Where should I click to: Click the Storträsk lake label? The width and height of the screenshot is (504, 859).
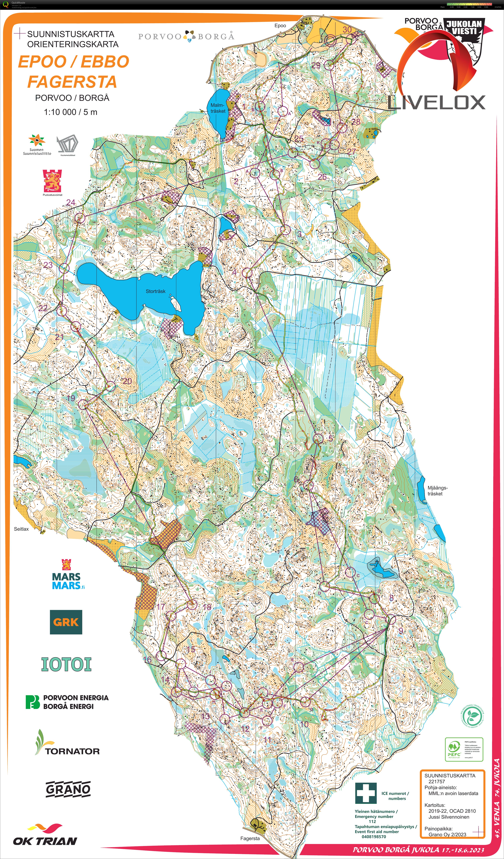(x=155, y=291)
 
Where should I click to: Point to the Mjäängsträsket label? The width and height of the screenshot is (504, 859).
(x=437, y=490)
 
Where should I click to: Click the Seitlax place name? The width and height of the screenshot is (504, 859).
(x=21, y=529)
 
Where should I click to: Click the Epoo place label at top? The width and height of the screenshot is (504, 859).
(x=280, y=25)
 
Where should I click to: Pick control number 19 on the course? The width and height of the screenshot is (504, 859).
(x=71, y=398)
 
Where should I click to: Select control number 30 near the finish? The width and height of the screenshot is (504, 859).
(x=347, y=30)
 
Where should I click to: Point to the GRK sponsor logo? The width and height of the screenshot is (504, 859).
(x=66, y=622)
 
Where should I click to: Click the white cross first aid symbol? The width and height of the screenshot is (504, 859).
(x=366, y=793)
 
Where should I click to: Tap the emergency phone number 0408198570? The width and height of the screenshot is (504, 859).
(x=374, y=836)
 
